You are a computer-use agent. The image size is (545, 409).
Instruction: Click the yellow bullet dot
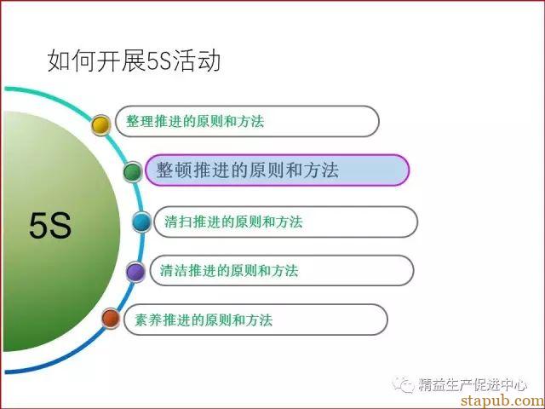coord(100,125)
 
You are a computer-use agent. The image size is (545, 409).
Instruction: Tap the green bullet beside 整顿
coord(133,171)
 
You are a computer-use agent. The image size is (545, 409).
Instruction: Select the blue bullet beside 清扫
coord(142,222)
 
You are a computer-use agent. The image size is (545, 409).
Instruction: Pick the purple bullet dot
coord(135,272)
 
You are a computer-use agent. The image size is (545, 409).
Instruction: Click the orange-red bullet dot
coord(111,318)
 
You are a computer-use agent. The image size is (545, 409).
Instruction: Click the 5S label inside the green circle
coord(50,225)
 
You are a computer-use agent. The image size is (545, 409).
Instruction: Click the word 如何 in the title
coord(72,60)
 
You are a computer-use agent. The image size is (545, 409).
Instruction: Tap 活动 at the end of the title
coord(196,60)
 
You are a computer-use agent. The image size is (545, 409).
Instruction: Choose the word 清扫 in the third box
coord(178,222)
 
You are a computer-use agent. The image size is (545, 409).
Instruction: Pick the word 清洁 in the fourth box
coord(174,271)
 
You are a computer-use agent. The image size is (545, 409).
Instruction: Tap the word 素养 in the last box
coord(148,320)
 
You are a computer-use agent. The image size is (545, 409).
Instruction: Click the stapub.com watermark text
coord(502,400)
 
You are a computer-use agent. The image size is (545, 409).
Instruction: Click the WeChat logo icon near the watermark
coord(403,384)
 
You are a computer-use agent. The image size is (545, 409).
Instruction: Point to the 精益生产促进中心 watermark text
coord(473,384)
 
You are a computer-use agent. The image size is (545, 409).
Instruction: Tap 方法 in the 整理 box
coord(250,121)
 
